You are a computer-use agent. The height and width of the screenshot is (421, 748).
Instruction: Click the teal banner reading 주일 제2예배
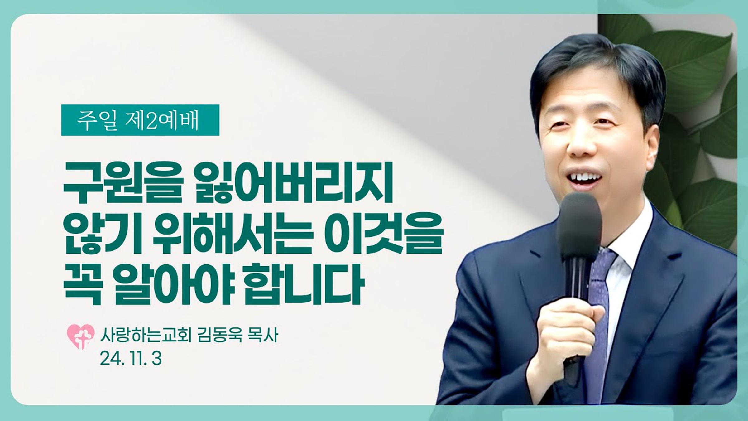[x=140, y=120]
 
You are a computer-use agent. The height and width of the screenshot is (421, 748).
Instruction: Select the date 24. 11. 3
[x=131, y=359]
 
